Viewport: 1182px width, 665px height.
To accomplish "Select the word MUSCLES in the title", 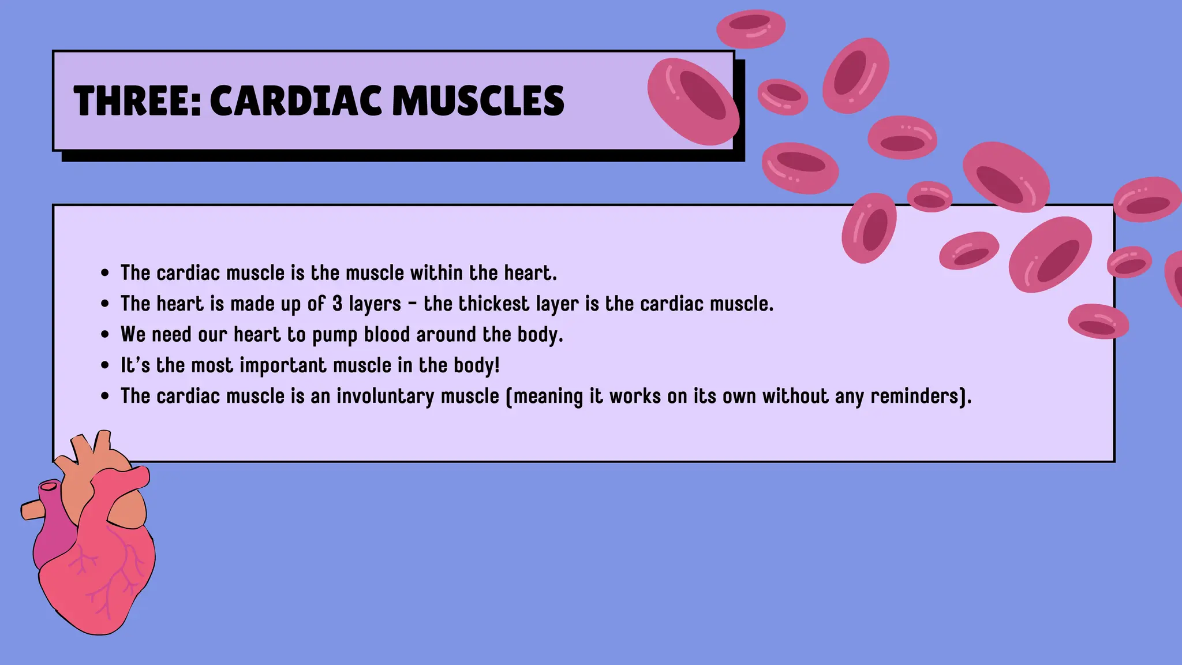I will click(478, 101).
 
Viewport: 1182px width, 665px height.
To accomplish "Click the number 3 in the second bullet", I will click(337, 304).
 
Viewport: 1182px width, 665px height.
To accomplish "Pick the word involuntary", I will click(385, 397).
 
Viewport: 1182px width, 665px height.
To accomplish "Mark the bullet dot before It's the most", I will click(104, 365).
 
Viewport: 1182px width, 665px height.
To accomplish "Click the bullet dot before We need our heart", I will click(104, 335).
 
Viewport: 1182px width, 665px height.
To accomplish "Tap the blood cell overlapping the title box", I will click(693, 102).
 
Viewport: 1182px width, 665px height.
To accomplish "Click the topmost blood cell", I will click(751, 28).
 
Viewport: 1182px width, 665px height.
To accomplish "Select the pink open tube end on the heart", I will click(48, 486).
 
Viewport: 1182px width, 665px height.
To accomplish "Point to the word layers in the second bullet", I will click(375, 304).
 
